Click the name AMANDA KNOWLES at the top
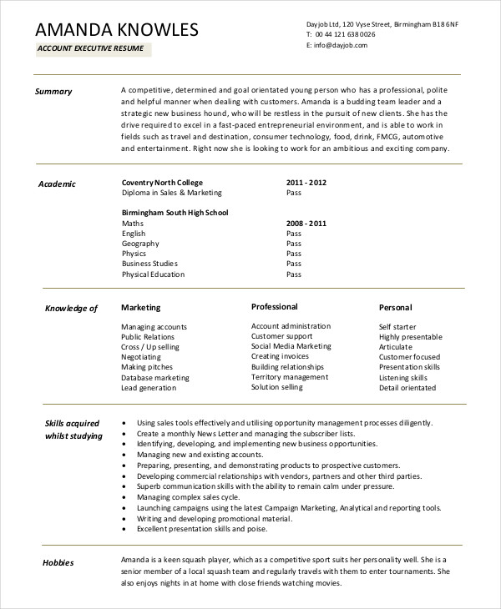click(118, 30)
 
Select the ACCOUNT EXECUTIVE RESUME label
click(90, 48)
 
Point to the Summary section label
click(53, 92)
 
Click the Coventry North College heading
click(162, 182)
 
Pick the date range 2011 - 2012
click(306, 182)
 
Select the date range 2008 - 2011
click(306, 224)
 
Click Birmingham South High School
click(175, 213)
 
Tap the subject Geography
click(139, 244)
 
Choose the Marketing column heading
click(140, 308)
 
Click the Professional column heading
click(275, 307)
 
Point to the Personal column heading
click(395, 308)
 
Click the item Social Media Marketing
click(291, 346)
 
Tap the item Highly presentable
click(410, 337)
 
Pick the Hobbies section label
click(58, 563)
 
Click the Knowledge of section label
click(71, 309)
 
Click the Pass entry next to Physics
click(294, 254)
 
